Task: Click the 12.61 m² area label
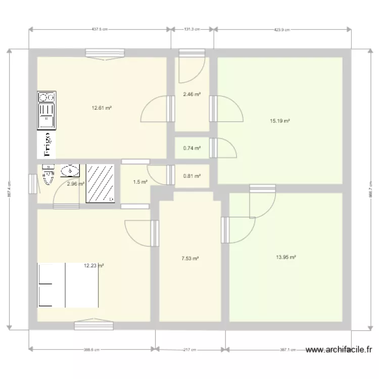(x=101, y=108)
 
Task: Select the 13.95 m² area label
(x=286, y=257)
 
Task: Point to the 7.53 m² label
(x=190, y=258)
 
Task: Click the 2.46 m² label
(x=192, y=94)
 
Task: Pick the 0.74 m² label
(x=192, y=148)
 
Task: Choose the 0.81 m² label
(x=192, y=176)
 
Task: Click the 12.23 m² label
(x=94, y=265)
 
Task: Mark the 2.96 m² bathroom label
(x=75, y=184)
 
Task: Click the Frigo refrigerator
(x=46, y=145)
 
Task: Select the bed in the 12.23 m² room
(x=68, y=285)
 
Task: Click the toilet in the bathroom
(x=48, y=175)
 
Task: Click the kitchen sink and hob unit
(x=46, y=110)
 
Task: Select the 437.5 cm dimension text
(x=100, y=30)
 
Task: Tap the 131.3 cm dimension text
(x=192, y=30)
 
